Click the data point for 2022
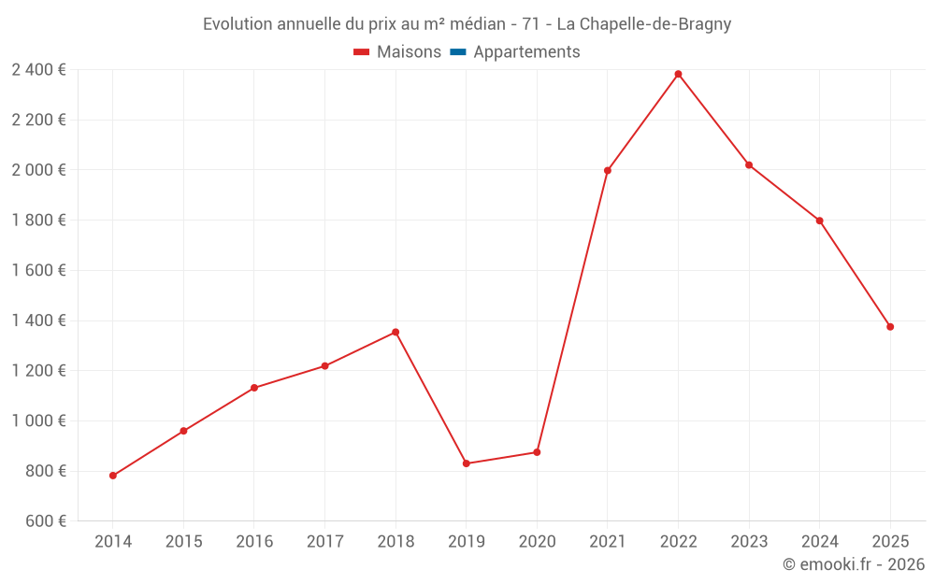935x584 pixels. [x=678, y=74]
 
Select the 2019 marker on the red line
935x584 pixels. [x=466, y=463]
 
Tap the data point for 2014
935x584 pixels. [x=113, y=476]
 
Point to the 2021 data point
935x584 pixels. [x=608, y=170]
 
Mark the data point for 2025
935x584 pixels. [x=890, y=327]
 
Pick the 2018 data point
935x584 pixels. [x=396, y=332]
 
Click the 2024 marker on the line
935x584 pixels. [x=820, y=221]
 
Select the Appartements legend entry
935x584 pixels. [x=526, y=52]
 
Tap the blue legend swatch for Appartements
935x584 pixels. [x=457, y=52]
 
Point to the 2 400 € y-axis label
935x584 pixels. [x=38, y=69]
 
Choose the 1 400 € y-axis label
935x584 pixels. [x=38, y=320]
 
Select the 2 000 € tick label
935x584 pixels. [x=38, y=170]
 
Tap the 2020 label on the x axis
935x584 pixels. [x=537, y=542]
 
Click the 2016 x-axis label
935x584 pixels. [x=254, y=542]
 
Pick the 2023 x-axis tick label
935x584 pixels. [x=749, y=542]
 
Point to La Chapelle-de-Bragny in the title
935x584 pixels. [x=644, y=24]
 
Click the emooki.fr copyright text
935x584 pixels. [x=854, y=564]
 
